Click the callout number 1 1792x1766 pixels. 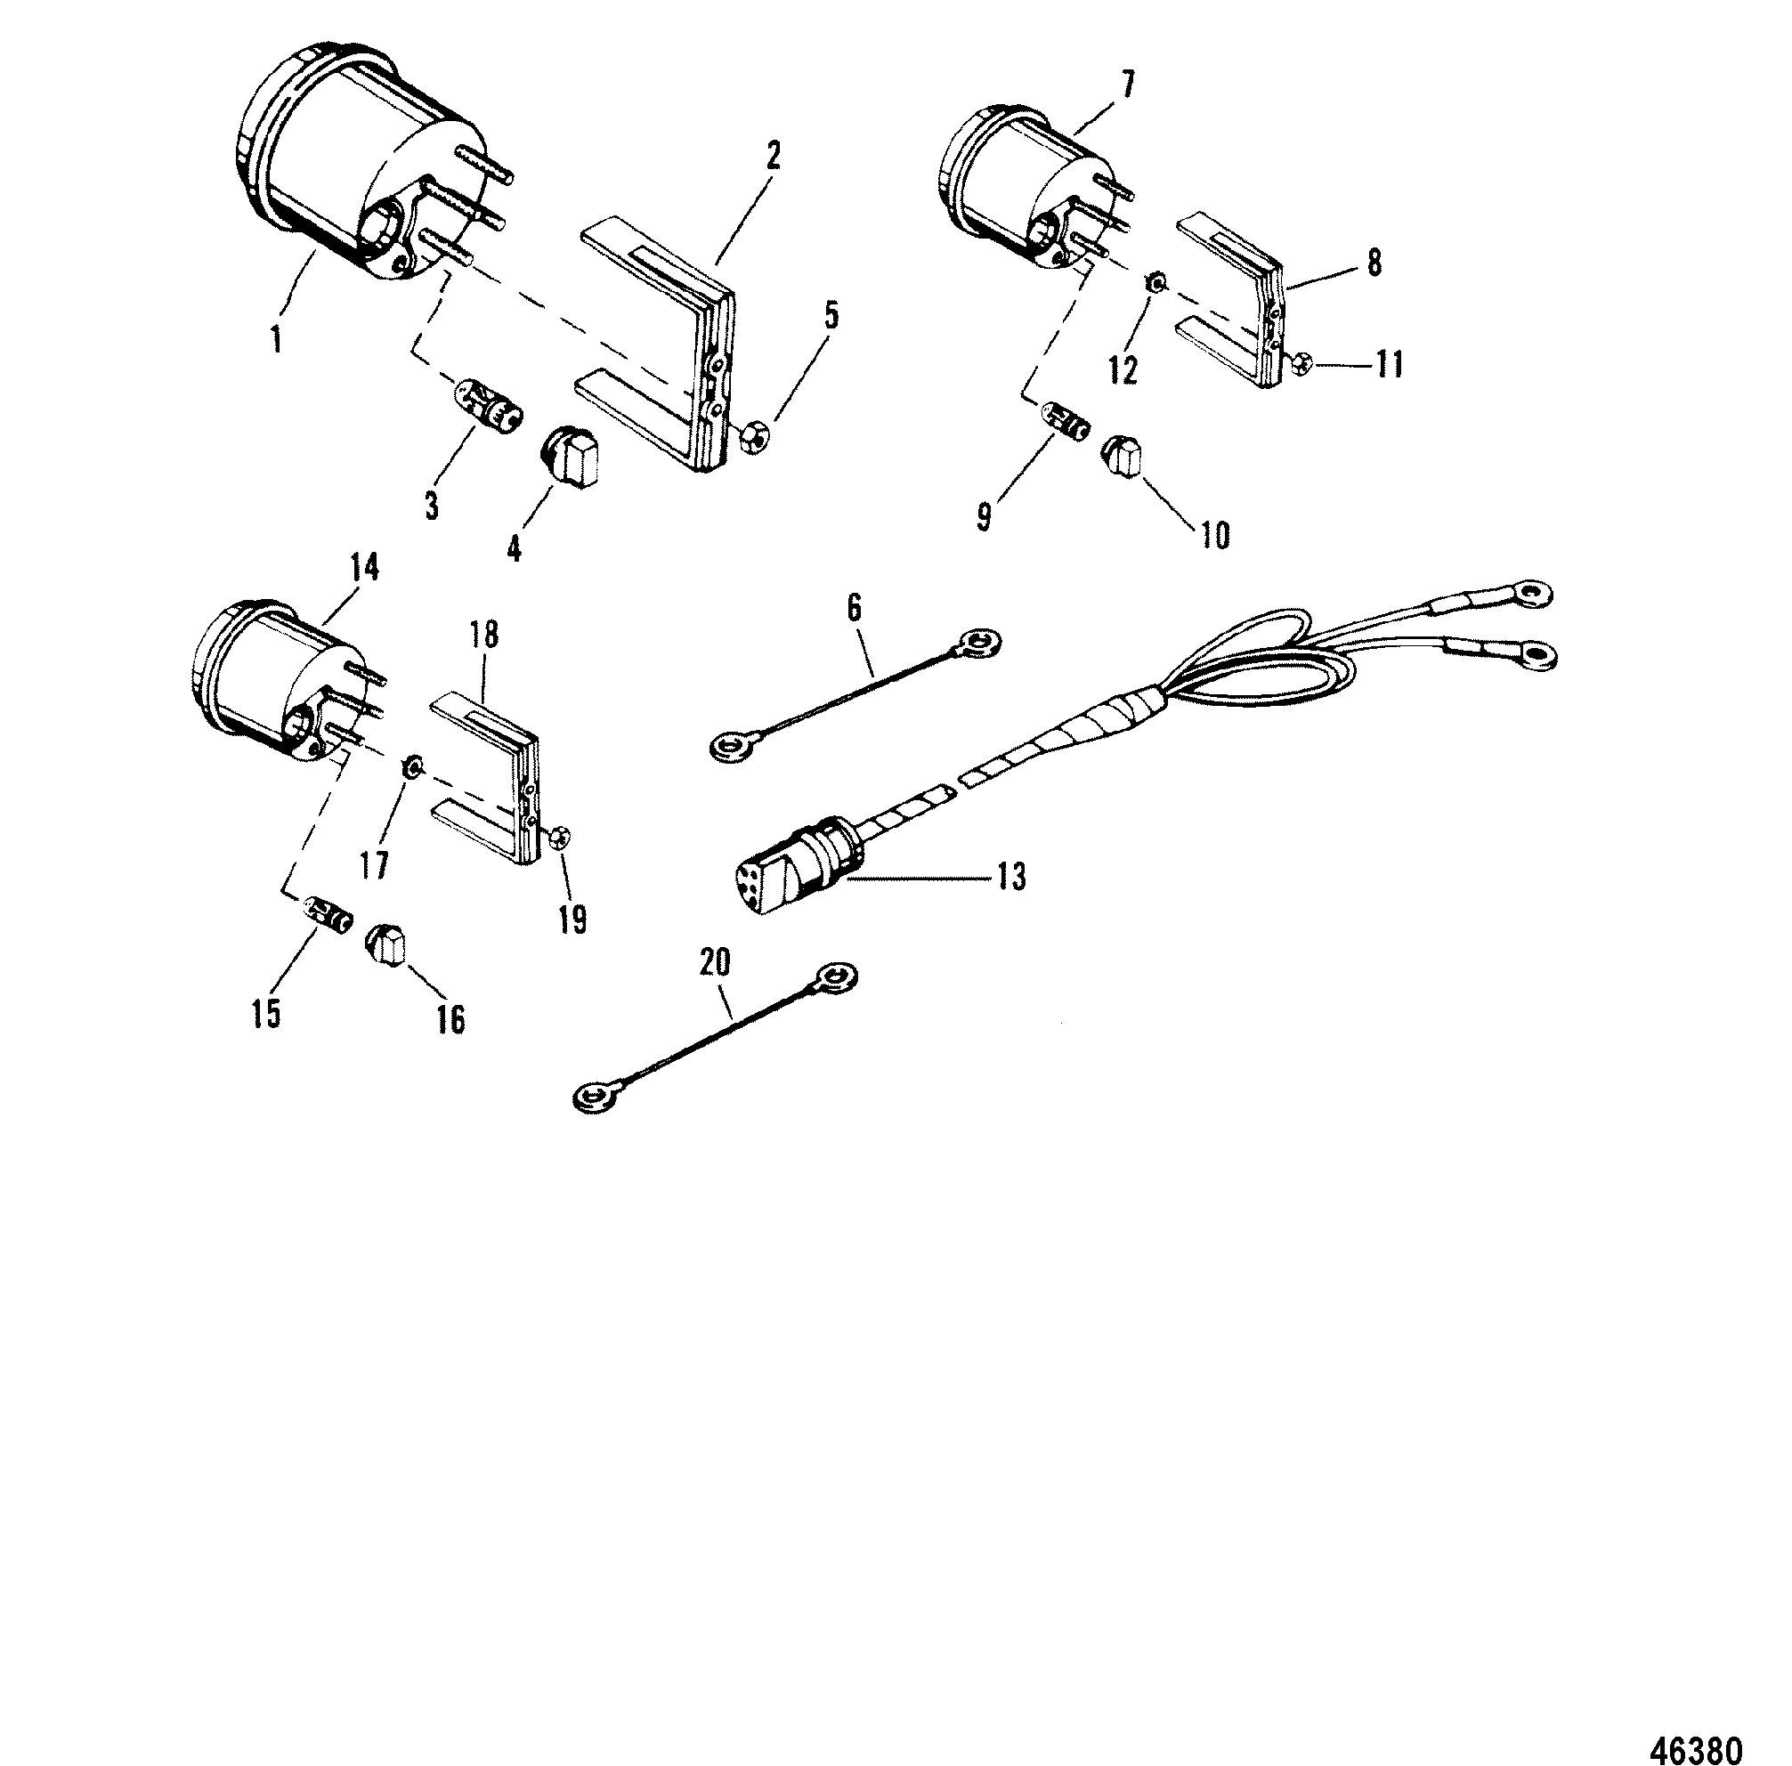tap(276, 339)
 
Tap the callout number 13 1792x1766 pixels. tap(1012, 876)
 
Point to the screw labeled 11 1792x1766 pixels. tap(1300, 365)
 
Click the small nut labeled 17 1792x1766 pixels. tap(411, 767)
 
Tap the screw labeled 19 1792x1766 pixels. tap(559, 838)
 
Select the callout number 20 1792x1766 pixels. tap(715, 965)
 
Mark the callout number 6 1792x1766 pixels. tap(855, 609)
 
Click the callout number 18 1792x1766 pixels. tap(484, 636)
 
